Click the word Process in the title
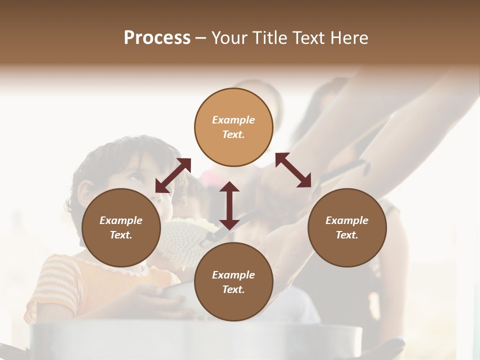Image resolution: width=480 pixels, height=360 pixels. coord(157,37)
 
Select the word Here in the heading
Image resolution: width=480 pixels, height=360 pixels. coord(349,37)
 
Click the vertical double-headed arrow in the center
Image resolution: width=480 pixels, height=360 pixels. coord(229,205)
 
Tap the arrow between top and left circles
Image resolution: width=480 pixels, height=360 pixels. coord(173,175)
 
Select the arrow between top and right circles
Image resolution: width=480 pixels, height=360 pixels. coord(293,170)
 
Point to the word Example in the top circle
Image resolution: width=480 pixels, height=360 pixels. coord(233,120)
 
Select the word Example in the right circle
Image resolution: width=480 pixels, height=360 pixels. coord(346,220)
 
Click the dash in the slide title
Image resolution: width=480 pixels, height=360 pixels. coord(200,38)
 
